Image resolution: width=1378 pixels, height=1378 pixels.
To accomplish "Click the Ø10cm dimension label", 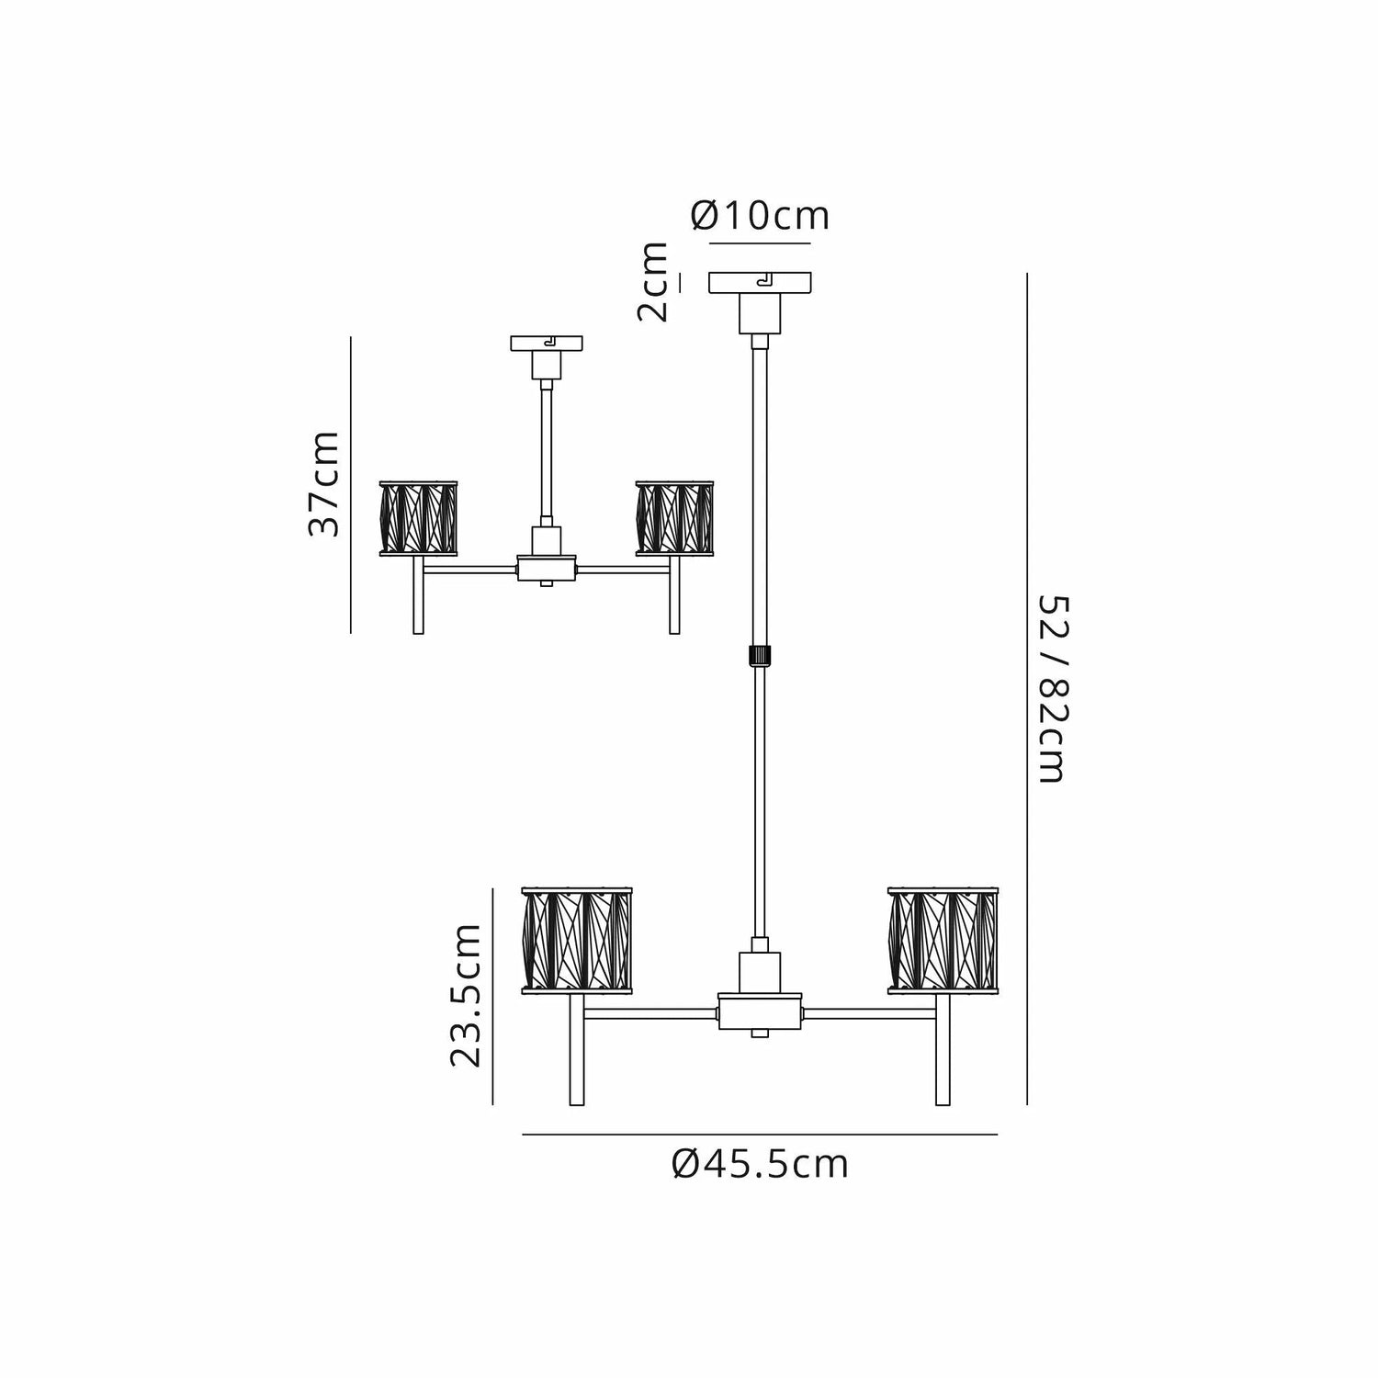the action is pyautogui.click(x=761, y=216).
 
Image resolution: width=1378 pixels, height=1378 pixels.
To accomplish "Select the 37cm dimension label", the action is pyautogui.click(x=324, y=484).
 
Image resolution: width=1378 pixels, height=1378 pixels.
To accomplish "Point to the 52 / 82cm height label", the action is pyautogui.click(x=1052, y=689).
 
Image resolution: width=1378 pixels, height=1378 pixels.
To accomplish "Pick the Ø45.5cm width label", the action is pyautogui.click(x=761, y=1165).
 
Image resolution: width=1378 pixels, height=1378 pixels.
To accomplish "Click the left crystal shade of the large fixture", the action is pyautogui.click(x=578, y=940).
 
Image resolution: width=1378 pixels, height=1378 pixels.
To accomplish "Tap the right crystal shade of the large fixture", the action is pyautogui.click(x=943, y=940).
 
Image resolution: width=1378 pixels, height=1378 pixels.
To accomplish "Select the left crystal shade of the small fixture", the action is pyautogui.click(x=419, y=518).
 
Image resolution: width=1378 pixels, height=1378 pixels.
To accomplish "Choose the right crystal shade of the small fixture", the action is pyautogui.click(x=675, y=518).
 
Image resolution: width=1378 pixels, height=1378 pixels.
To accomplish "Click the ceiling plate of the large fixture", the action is pyautogui.click(x=761, y=283).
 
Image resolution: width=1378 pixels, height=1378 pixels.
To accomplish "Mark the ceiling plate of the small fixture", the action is pyautogui.click(x=548, y=344).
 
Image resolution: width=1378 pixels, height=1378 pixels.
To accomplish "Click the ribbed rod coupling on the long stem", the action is pyautogui.click(x=760, y=657).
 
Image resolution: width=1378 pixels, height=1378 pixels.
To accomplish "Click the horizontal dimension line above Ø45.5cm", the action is pyautogui.click(x=760, y=1135).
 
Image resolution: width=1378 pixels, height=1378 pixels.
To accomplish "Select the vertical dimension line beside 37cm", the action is pyautogui.click(x=351, y=484).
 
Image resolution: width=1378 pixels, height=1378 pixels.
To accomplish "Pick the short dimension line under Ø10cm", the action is pyautogui.click(x=761, y=243).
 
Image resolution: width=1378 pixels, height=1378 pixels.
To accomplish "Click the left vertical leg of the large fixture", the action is pyautogui.click(x=577, y=1050).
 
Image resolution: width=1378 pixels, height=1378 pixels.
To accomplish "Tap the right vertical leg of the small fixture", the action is pyautogui.click(x=675, y=595).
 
